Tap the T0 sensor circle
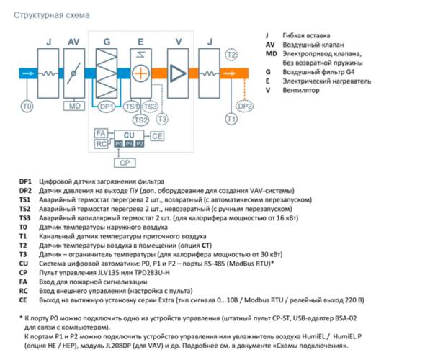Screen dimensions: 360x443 point(27,106)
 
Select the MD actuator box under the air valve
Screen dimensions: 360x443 point(74,106)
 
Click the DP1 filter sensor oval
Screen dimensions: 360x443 point(106,107)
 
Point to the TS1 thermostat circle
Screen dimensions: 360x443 point(131,107)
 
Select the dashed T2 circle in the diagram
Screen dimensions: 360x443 point(231,55)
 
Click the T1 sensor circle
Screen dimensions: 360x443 point(231,118)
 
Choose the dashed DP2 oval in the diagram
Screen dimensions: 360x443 point(245,107)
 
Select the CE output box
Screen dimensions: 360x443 point(157,135)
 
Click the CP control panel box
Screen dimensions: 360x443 point(125,163)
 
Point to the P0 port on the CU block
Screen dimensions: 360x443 point(117,144)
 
